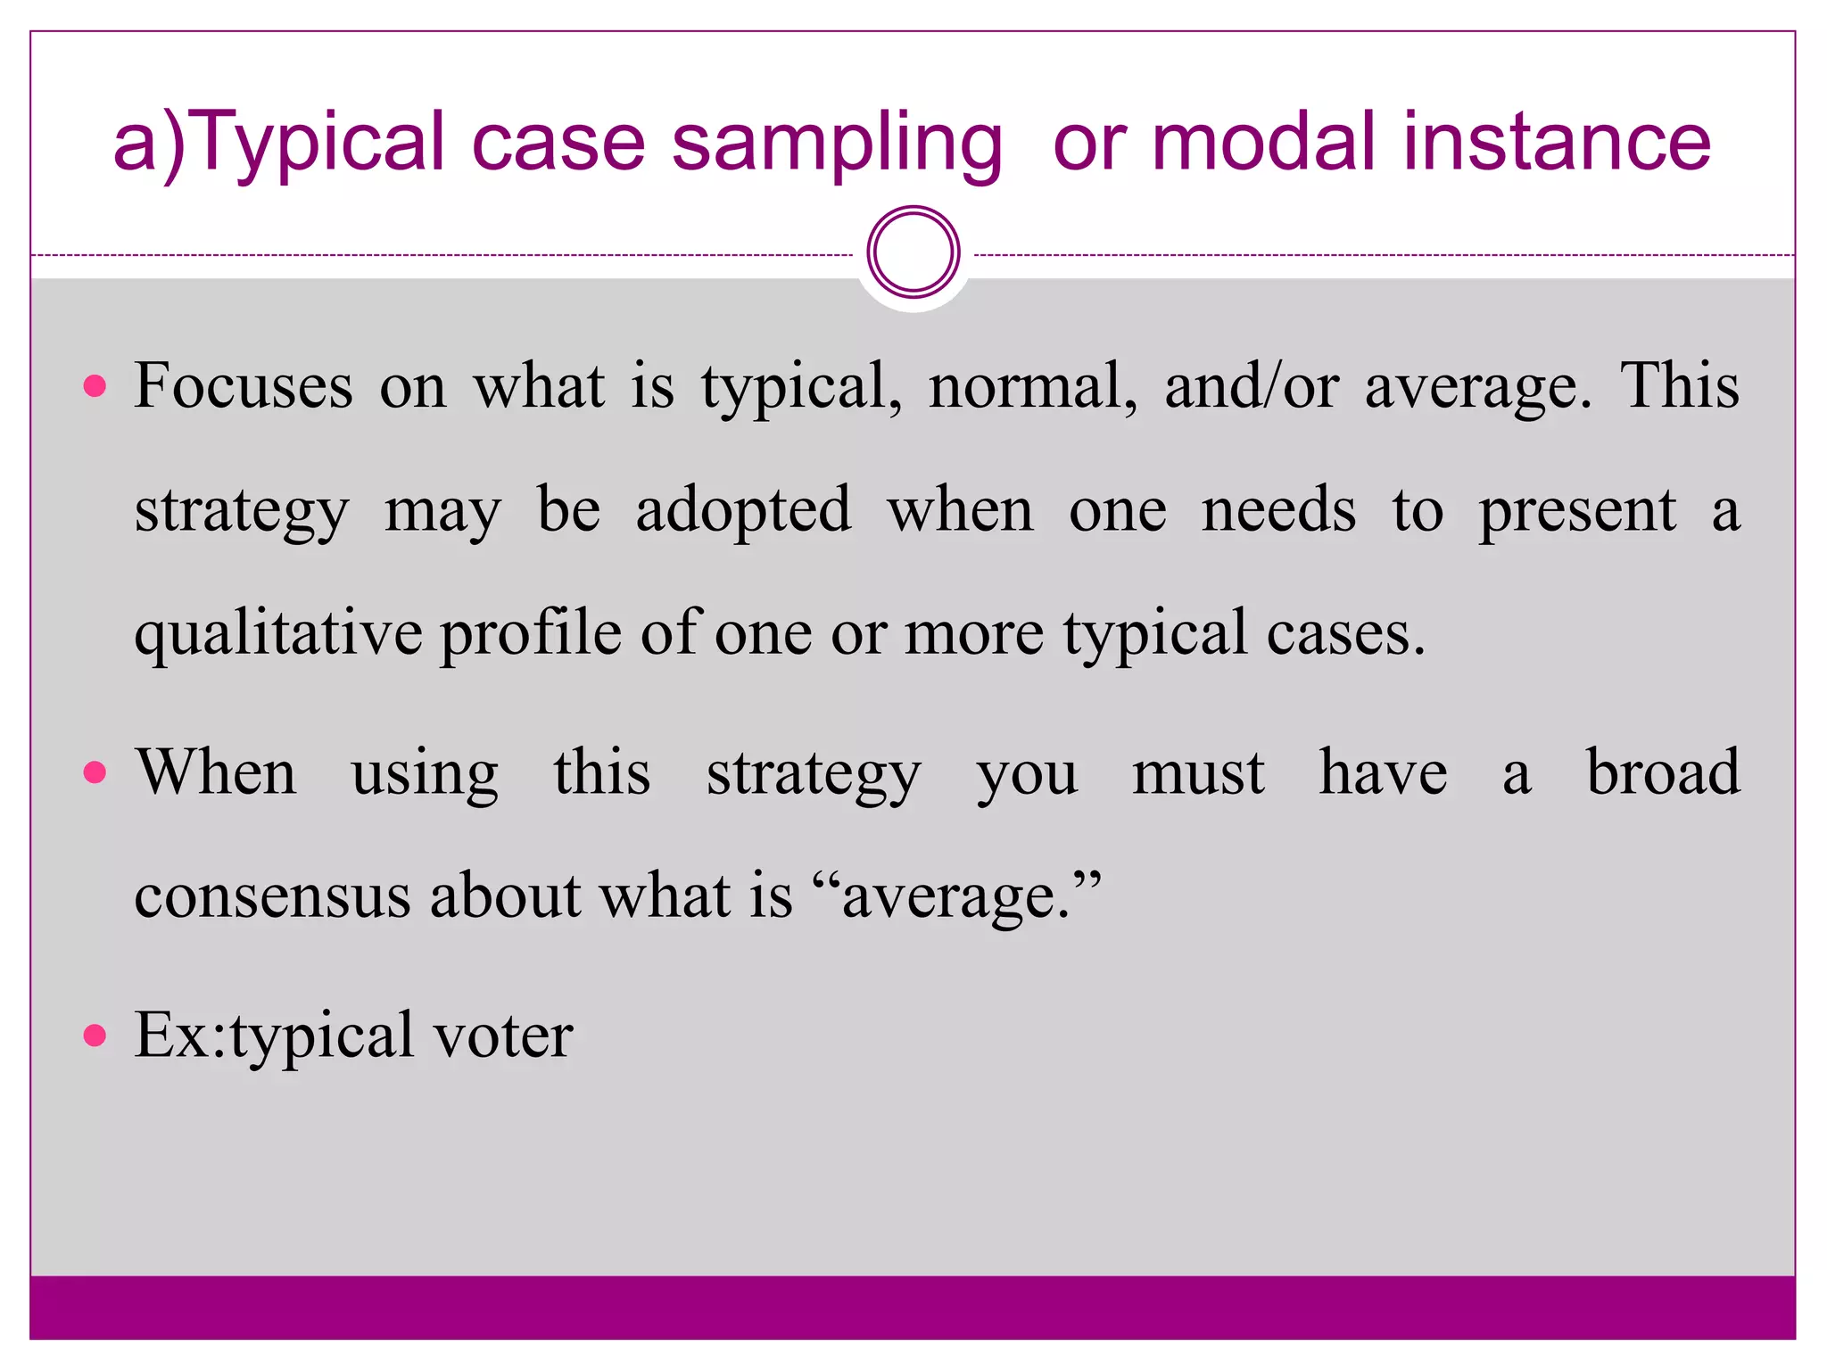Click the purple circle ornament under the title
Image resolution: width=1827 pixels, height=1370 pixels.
[913, 252]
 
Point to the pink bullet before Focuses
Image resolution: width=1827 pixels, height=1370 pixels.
[95, 386]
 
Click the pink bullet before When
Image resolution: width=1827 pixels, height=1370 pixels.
[95, 772]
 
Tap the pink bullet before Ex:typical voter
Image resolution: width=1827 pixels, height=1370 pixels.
[95, 1036]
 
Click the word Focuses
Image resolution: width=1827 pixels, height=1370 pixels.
[244, 386]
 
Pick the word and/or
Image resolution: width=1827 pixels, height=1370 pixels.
[1251, 386]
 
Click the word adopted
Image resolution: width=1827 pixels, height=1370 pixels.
[743, 511]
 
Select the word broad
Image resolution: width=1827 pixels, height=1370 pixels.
[1663, 772]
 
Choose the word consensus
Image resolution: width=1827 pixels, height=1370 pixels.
[272, 895]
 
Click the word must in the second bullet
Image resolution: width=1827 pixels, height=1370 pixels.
[1198, 772]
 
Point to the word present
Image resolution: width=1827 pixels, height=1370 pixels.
[1577, 511]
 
